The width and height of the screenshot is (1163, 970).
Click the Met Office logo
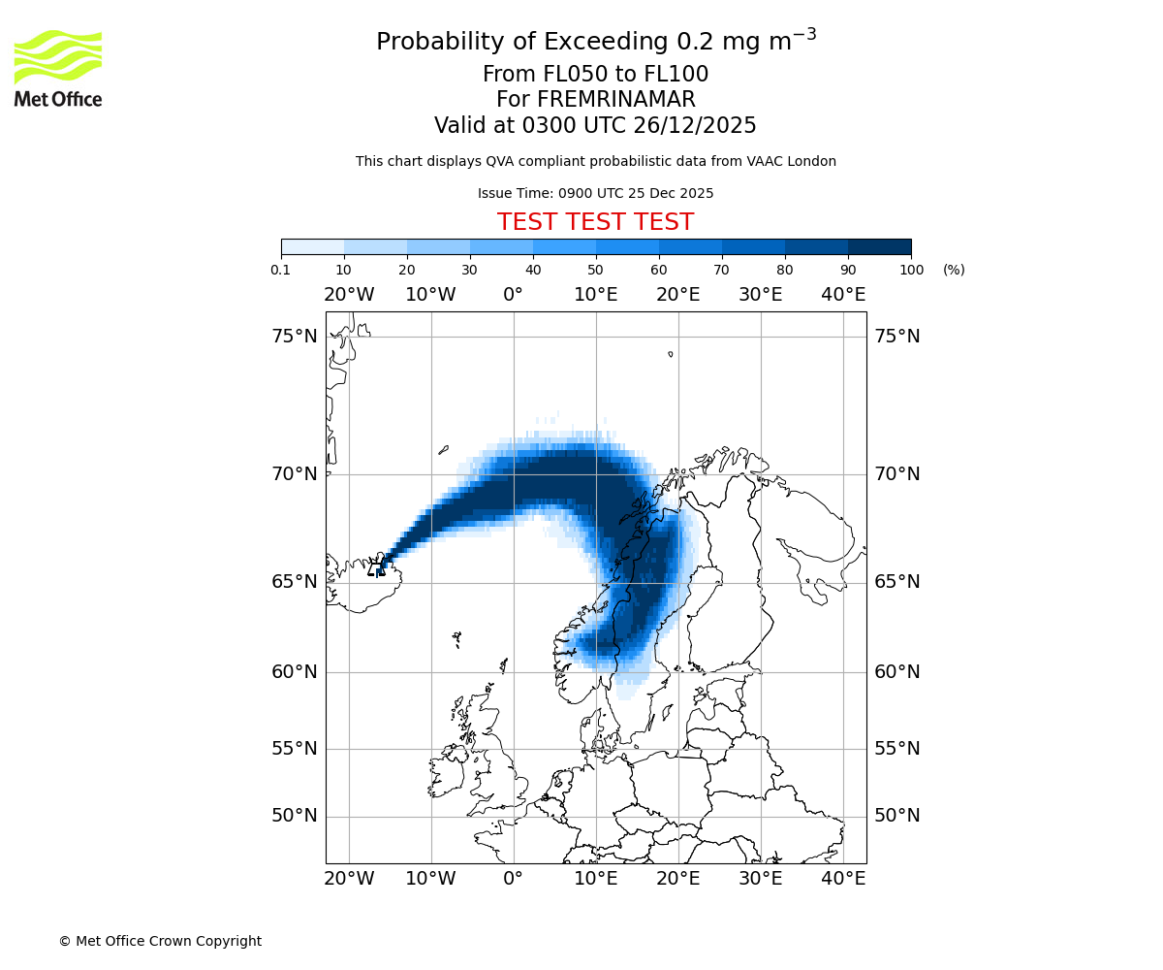58,68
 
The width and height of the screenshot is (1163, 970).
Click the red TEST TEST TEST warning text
595,222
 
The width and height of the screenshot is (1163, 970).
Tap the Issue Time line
595,193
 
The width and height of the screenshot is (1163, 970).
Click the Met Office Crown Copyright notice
160,941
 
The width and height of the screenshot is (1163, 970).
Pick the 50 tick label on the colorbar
595,270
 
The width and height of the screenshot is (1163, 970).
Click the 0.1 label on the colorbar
281,270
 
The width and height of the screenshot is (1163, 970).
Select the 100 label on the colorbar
911,270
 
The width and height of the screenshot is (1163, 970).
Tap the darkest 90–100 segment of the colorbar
879,246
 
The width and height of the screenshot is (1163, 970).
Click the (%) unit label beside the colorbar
954,270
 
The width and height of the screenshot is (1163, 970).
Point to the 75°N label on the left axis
295,337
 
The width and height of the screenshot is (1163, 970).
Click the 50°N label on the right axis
897,816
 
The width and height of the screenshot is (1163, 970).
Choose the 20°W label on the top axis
349,295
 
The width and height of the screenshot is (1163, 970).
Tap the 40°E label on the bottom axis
843,879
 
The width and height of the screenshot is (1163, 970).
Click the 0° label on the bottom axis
514,879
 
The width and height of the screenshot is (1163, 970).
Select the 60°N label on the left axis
295,672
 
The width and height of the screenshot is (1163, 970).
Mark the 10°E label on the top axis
596,295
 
